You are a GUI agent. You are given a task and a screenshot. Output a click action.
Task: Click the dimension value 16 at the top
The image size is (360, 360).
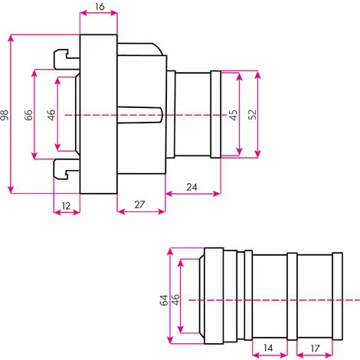pos(99,7)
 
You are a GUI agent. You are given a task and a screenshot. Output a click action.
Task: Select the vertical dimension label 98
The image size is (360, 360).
pos(5,115)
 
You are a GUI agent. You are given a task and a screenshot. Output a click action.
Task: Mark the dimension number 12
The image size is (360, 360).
pos(65,205)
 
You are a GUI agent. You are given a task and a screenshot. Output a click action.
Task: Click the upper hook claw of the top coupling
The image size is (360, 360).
pos(64,58)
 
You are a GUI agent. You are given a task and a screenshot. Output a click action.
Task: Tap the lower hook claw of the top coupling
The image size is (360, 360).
pos(64,170)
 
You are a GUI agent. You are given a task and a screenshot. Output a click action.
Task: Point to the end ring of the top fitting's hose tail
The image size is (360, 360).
pos(216,114)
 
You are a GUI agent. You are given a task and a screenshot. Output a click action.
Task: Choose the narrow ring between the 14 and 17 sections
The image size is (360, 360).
pos(292,297)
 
